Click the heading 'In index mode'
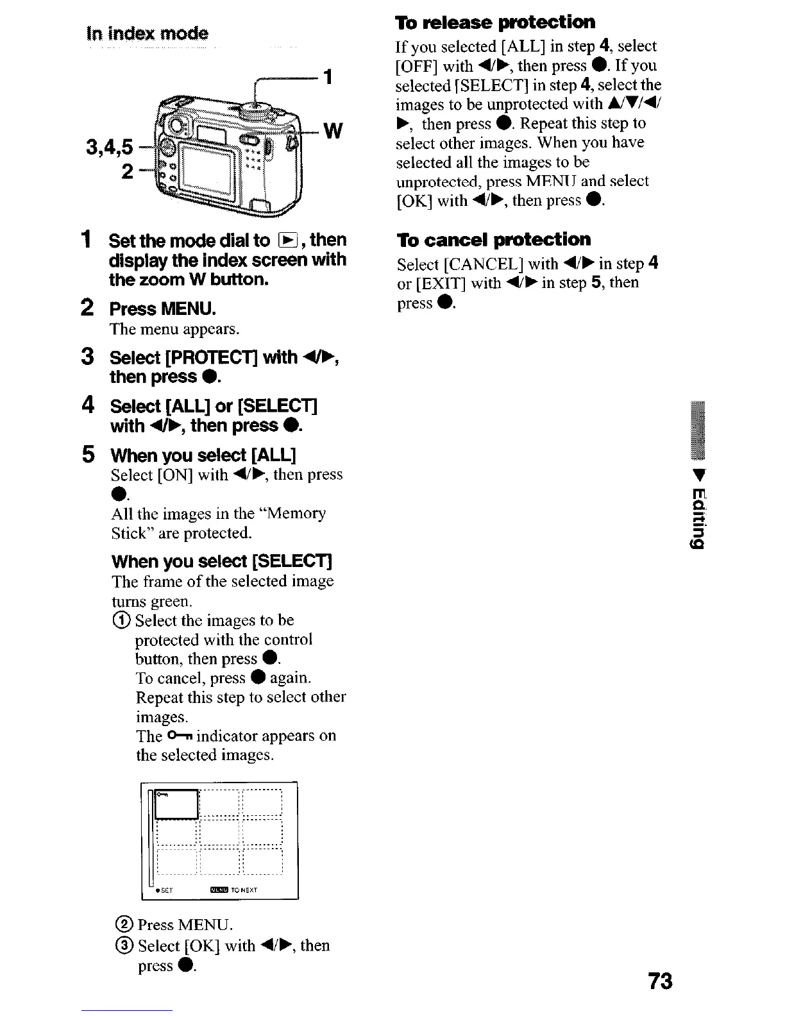point(148,33)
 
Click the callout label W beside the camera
point(332,131)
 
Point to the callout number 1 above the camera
point(328,78)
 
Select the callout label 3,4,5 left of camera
point(110,148)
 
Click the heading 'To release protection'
point(495,22)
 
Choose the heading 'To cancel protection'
point(493,240)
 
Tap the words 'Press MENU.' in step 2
point(163,309)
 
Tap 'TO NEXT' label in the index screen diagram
point(244,890)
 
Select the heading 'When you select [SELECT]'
point(221,562)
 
